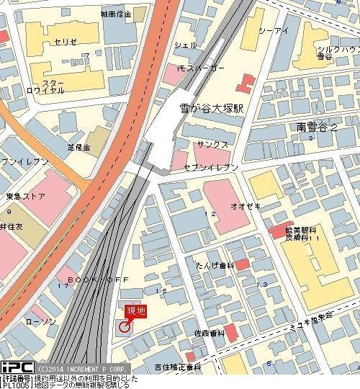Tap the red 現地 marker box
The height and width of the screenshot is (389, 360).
[136, 310]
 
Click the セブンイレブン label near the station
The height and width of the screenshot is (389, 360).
[212, 167]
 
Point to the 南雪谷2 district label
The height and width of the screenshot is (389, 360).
[315, 127]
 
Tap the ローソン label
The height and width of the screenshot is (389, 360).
[39, 321]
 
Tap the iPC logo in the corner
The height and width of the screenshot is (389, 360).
[15, 366]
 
